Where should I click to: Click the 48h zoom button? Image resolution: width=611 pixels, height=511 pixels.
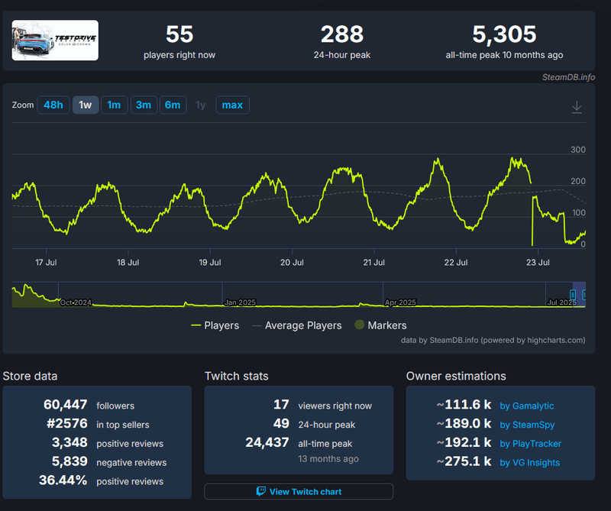click(53, 105)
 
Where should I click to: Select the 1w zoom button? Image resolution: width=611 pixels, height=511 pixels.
click(86, 105)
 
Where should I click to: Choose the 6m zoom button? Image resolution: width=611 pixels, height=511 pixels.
click(173, 105)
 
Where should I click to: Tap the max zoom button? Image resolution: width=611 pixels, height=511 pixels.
click(232, 105)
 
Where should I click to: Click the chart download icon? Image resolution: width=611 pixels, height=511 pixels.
click(577, 108)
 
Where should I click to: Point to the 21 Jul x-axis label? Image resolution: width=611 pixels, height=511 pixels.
click(373, 262)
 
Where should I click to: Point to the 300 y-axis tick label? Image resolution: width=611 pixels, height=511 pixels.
click(578, 150)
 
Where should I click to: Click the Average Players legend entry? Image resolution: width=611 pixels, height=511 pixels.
click(296, 325)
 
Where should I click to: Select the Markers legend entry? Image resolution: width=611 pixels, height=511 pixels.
click(380, 325)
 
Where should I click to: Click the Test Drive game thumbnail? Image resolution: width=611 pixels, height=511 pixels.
click(56, 40)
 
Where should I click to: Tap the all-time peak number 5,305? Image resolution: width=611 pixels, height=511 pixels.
click(504, 34)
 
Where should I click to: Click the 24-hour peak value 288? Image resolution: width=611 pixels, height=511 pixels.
click(342, 34)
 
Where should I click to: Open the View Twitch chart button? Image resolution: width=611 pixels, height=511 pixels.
click(299, 492)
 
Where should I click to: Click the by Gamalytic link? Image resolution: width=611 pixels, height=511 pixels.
click(527, 406)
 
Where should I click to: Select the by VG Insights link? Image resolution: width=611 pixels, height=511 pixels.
click(530, 462)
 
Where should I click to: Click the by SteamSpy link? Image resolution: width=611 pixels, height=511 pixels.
click(528, 425)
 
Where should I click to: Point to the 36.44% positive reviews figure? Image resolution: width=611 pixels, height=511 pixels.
click(63, 481)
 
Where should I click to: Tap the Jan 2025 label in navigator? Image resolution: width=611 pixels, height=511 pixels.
click(240, 302)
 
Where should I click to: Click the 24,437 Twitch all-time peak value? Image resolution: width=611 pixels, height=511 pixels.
click(267, 442)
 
